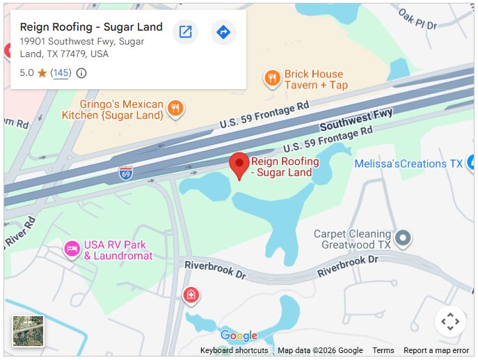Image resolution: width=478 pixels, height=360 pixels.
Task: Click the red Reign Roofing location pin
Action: [x=240, y=165]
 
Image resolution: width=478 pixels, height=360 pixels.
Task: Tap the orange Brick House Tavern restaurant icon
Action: [x=272, y=78]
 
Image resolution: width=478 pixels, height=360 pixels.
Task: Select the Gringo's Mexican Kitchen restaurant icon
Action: [x=176, y=108]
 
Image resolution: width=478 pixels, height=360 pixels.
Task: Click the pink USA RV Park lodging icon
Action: [x=72, y=249]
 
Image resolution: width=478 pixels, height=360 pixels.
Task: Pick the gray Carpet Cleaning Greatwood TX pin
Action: [x=403, y=239]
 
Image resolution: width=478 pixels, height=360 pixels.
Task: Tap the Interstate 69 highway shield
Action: [x=126, y=173]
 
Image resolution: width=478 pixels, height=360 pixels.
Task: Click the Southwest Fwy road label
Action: [x=356, y=120]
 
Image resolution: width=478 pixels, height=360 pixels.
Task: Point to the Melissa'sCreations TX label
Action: [x=408, y=164]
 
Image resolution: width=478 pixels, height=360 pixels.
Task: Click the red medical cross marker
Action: [x=191, y=296]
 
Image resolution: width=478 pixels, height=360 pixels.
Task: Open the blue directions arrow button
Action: [x=223, y=32]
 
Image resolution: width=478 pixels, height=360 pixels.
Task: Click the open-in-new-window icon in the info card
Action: [x=185, y=32]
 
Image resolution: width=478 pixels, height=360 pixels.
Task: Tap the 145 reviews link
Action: [x=61, y=73]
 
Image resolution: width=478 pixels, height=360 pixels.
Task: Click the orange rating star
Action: [x=42, y=73]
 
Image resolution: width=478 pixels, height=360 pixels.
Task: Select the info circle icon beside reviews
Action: [x=81, y=73]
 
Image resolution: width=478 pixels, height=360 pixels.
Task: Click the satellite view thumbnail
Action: [x=28, y=331]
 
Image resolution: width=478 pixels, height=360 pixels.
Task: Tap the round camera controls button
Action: [x=450, y=322]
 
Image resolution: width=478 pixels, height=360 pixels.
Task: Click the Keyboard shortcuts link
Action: [x=234, y=351]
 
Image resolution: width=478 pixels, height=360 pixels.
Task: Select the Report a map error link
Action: [x=436, y=351]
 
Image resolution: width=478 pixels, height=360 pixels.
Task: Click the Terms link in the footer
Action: [x=383, y=351]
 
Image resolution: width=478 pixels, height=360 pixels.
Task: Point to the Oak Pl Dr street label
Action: [x=417, y=19]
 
